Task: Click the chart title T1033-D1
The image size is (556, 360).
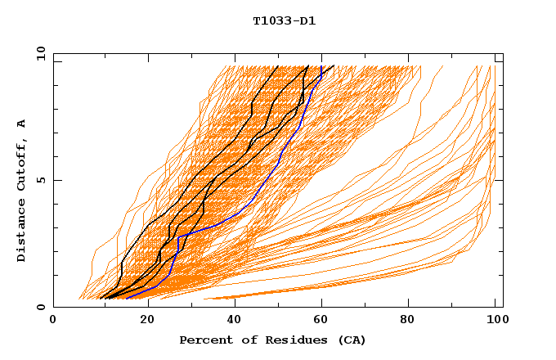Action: [284, 20]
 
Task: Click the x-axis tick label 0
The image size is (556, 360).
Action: [53, 320]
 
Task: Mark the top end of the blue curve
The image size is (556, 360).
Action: [321, 66]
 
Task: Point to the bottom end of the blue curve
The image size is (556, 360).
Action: [127, 298]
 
